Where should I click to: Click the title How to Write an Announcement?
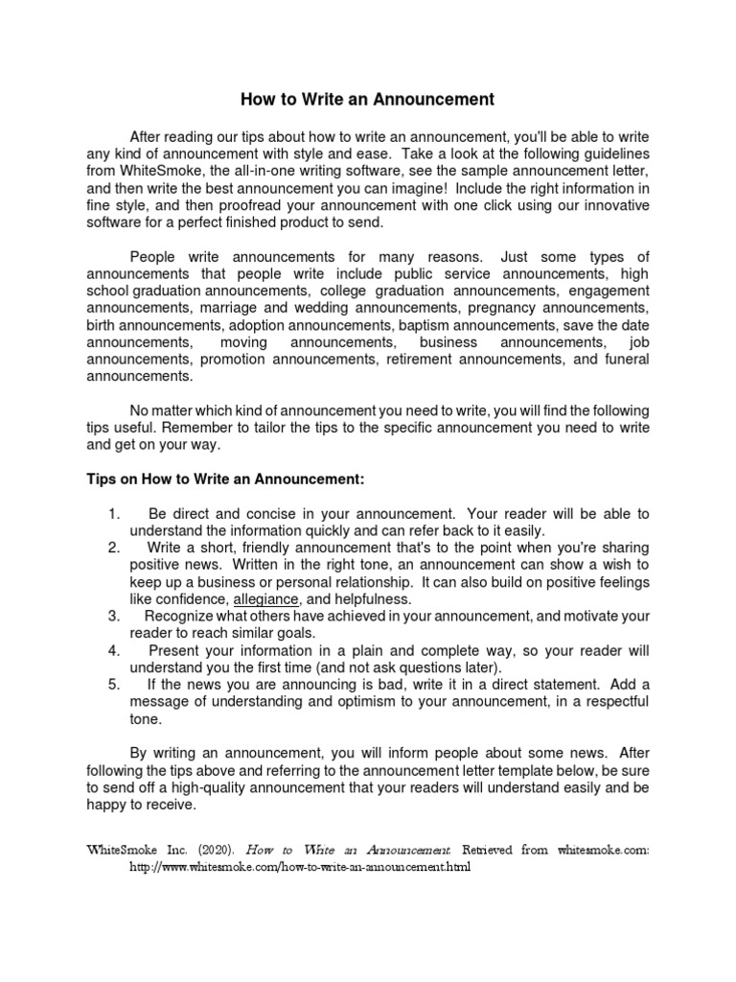point(366,99)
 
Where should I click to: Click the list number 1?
point(114,513)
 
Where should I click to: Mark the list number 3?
point(114,616)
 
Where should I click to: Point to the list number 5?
point(114,685)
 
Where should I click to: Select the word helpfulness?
point(364,598)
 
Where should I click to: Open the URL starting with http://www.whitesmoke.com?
point(301,867)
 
